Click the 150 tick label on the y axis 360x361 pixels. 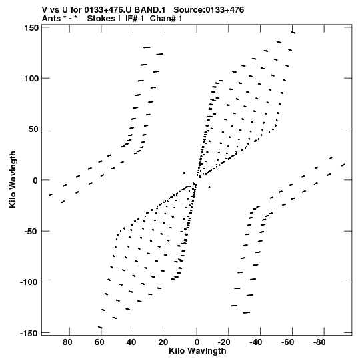31,28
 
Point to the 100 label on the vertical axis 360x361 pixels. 31,79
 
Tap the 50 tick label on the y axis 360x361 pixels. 33,129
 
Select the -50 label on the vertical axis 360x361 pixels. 31,231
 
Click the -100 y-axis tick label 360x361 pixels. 29,282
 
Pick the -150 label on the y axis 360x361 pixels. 29,333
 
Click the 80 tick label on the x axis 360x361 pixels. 67,342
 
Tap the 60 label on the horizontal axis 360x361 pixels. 99,342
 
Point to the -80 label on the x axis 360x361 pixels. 319,342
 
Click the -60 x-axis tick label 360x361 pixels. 287,342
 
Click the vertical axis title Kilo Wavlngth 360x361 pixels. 13,179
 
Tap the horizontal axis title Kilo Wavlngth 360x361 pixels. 197,351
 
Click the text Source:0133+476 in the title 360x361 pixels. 209,10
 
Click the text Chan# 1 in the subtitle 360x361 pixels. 166,19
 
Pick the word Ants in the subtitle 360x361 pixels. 51,19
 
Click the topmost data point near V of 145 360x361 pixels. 293,33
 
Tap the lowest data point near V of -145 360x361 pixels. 100,327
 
